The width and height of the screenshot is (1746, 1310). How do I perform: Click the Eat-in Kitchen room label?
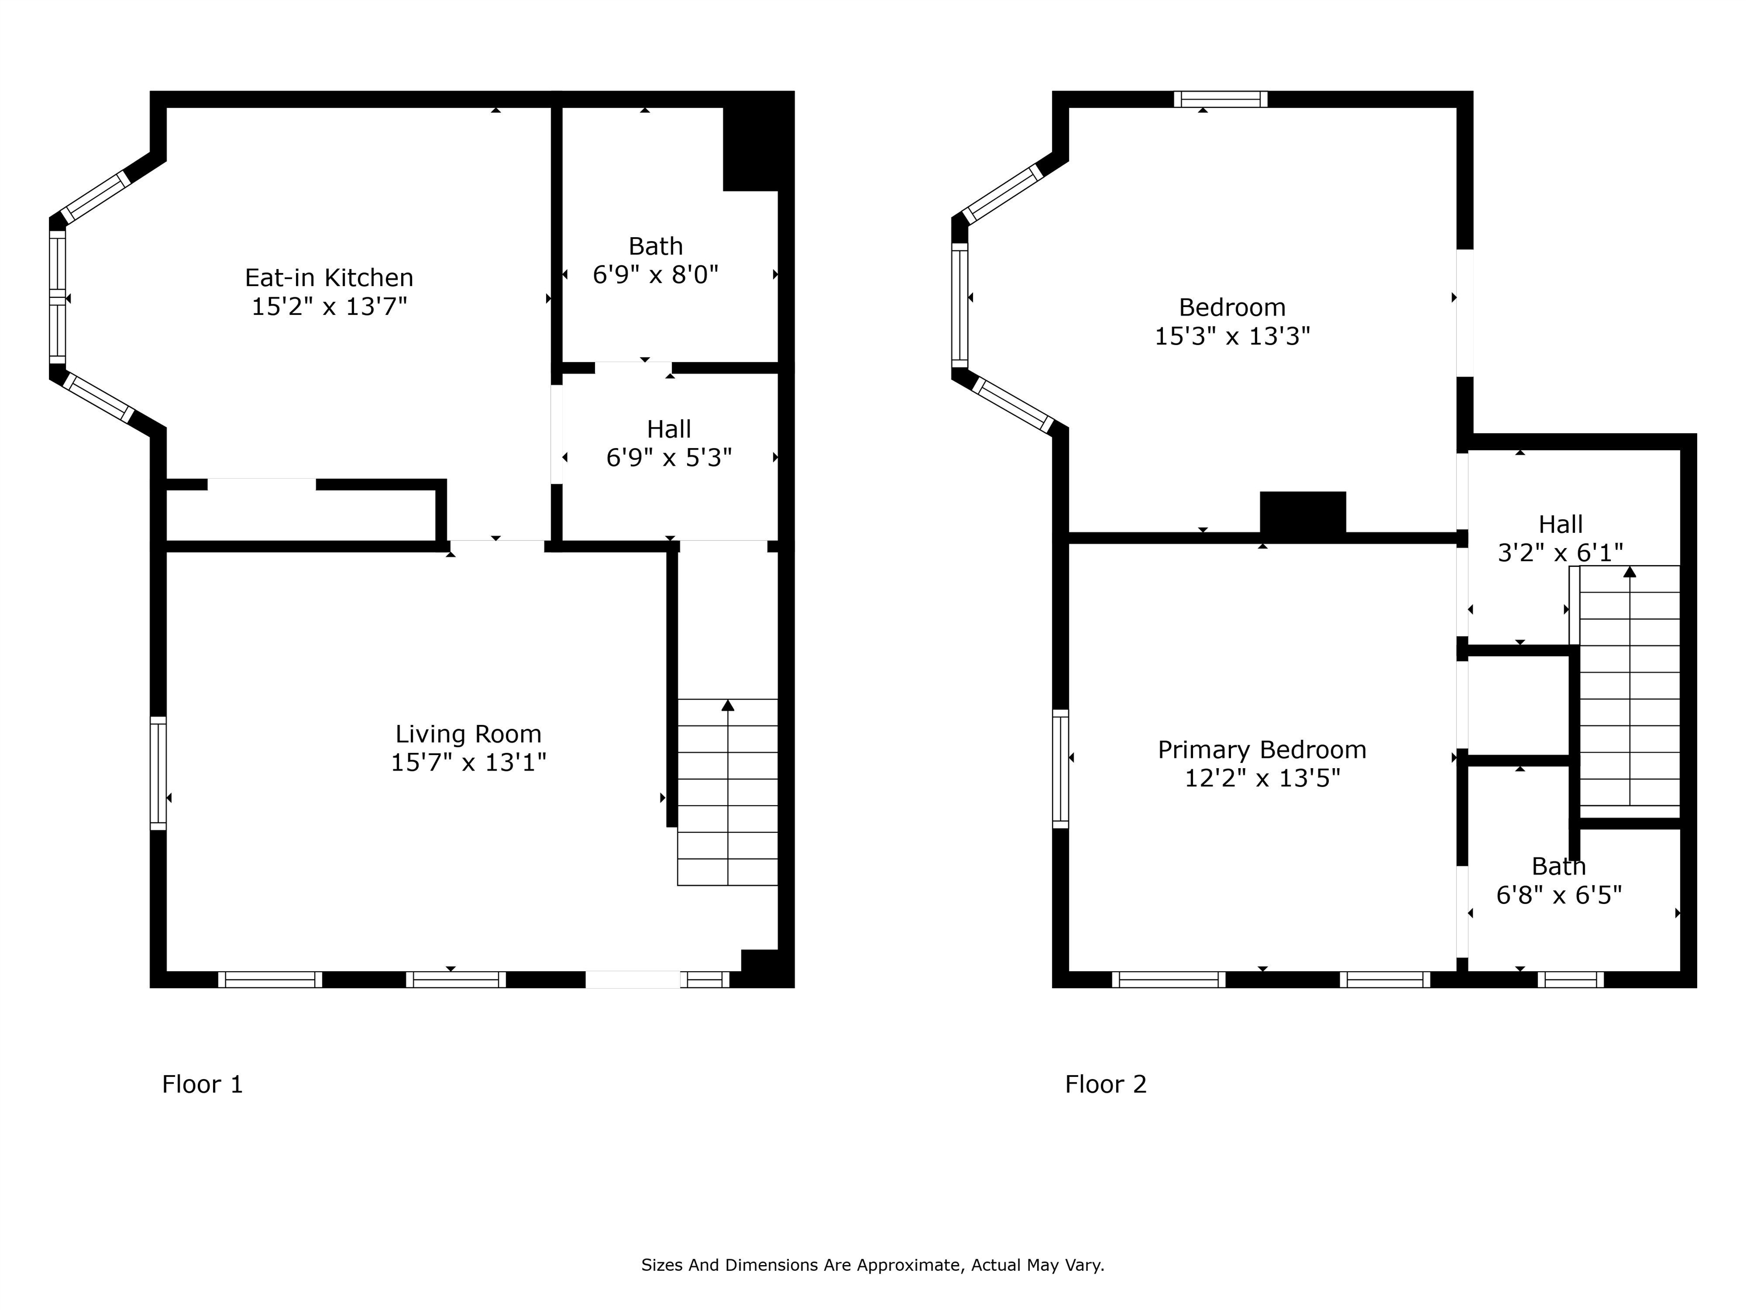(x=329, y=278)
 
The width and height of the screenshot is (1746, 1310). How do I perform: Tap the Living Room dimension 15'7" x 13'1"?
(x=468, y=763)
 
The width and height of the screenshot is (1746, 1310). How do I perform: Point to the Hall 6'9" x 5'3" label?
(x=668, y=443)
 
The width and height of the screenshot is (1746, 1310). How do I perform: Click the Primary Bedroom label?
(x=1261, y=749)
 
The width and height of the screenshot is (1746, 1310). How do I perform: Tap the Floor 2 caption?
(x=1105, y=1084)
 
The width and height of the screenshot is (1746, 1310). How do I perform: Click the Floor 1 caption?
(x=202, y=1084)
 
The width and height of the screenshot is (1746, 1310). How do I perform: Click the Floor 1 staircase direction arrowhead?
(x=727, y=705)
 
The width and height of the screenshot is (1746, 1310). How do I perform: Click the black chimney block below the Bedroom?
(x=1303, y=513)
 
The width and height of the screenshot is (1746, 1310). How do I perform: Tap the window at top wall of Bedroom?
(x=1220, y=99)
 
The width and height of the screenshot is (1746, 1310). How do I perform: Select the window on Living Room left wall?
(x=158, y=773)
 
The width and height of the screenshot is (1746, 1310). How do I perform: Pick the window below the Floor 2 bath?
(x=1571, y=980)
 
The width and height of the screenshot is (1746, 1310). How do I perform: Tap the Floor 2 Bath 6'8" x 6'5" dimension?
(x=1559, y=896)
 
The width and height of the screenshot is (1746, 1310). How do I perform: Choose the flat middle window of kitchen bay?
(x=57, y=296)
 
